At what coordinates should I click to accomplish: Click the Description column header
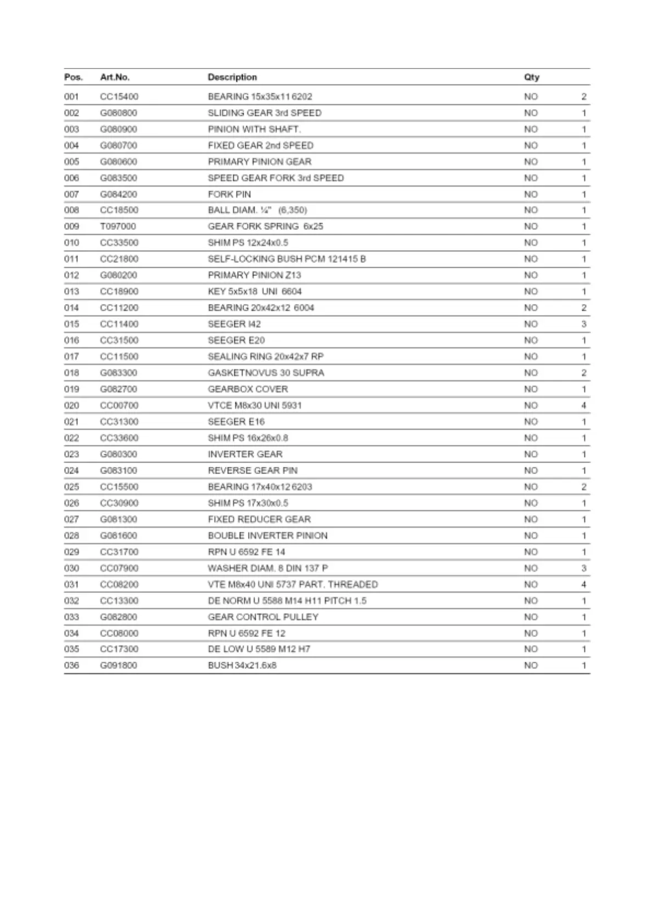tap(232, 77)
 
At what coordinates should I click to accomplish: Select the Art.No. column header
tap(115, 77)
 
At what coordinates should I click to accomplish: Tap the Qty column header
tap(531, 77)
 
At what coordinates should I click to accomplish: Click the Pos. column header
tap(73, 77)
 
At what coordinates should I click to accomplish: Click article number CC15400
tap(119, 97)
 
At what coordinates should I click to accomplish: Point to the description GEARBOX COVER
tap(247, 389)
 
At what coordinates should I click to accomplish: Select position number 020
tap(71, 405)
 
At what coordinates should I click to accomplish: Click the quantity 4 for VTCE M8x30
tap(583, 405)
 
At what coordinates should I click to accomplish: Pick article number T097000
tap(118, 227)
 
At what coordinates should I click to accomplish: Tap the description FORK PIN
tap(229, 194)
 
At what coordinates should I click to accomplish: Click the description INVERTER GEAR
tap(245, 454)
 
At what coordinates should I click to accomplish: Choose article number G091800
tap(119, 666)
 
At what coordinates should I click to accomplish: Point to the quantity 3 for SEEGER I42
tap(583, 324)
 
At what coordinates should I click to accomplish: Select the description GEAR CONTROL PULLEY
tap(263, 617)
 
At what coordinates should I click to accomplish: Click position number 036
tap(71, 666)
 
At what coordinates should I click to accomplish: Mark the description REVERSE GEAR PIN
tap(252, 471)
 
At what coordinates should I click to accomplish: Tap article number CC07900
tap(119, 568)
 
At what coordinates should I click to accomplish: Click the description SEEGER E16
tap(236, 422)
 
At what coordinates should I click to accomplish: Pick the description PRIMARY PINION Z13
tap(254, 275)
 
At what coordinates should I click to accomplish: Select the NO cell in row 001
tap(531, 97)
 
